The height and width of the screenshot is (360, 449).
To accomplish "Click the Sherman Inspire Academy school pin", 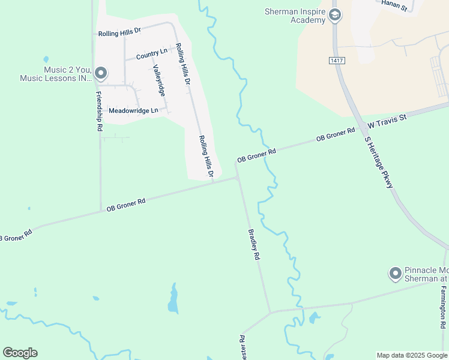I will click(x=335, y=15).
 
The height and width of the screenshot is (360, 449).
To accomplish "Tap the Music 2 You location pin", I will click(x=101, y=74).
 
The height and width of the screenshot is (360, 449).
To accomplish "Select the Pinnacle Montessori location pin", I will click(x=395, y=274).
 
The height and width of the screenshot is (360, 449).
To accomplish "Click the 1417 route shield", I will click(x=336, y=61).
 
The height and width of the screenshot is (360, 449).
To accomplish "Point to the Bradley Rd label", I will click(x=255, y=244).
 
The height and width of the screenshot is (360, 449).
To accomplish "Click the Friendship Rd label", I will click(x=99, y=112).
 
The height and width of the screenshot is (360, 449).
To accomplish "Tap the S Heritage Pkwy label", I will click(x=379, y=162).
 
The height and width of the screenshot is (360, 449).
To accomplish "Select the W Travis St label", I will click(x=388, y=120).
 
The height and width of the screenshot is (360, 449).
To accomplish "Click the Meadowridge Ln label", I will click(x=133, y=110).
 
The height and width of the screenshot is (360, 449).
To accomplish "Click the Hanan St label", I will click(x=395, y=5).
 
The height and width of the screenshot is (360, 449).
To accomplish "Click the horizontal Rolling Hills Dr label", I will click(x=119, y=31).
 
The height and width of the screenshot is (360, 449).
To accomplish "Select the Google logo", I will click(x=20, y=353).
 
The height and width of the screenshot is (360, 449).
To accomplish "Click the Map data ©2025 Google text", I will click(x=412, y=355).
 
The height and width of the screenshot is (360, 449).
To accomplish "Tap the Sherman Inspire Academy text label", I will click(x=295, y=16).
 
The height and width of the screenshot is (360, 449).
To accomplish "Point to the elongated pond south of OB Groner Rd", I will click(x=173, y=299).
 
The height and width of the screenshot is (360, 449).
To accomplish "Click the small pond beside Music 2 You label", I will click(x=46, y=60).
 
